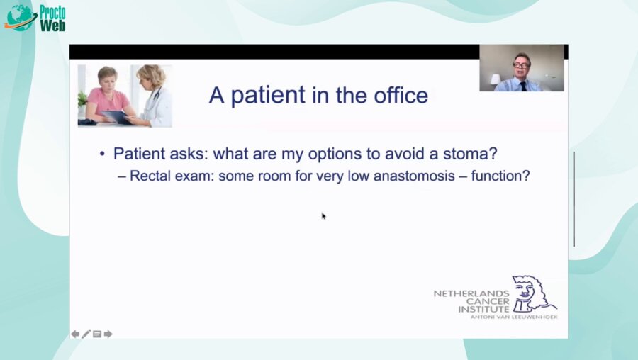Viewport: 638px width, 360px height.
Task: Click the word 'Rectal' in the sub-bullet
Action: tap(149, 175)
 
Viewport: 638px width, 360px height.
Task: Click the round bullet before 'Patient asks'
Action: tap(103, 154)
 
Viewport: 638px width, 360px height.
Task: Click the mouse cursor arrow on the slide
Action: tap(323, 215)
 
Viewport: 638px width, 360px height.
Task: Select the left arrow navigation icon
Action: tap(75, 334)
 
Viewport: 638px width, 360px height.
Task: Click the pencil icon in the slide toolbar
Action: tap(86, 334)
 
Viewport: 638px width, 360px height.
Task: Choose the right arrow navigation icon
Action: tap(108, 334)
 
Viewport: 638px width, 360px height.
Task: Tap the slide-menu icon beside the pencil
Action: tap(97, 334)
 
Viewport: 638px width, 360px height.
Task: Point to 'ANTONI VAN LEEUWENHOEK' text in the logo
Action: tap(513, 317)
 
